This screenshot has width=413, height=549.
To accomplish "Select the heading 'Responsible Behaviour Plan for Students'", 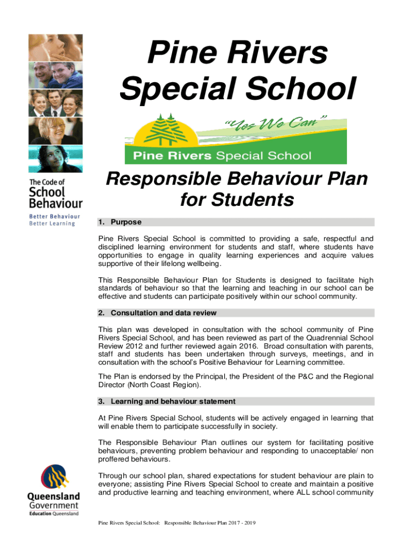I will pos(237,189).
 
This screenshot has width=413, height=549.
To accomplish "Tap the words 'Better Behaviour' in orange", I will pos(55,217).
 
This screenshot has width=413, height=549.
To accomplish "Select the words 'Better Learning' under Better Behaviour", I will pos(52,224).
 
